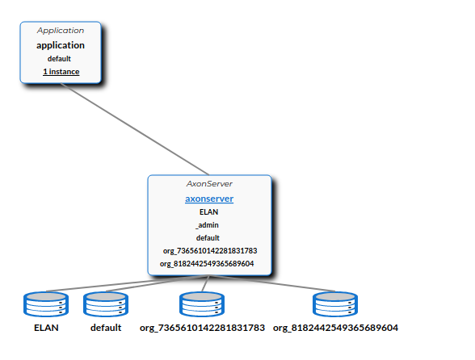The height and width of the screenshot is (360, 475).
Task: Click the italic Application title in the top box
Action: (61, 31)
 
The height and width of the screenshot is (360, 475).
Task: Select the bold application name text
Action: (61, 45)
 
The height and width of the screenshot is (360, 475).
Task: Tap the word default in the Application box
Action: (59, 58)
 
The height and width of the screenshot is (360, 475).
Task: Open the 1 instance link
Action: (61, 72)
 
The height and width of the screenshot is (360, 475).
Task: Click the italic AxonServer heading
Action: (209, 184)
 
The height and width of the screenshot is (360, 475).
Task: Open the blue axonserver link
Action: (209, 199)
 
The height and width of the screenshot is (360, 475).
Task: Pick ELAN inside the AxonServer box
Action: (208, 212)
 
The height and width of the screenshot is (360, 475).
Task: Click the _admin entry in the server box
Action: (207, 225)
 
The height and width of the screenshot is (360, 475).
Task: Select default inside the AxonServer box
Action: (208, 238)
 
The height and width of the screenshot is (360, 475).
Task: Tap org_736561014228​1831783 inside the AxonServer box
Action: (210, 251)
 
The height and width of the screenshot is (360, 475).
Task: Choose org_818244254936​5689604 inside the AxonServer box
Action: (207, 264)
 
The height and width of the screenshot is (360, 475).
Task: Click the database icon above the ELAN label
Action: (46, 304)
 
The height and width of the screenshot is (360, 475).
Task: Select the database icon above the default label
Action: (106, 304)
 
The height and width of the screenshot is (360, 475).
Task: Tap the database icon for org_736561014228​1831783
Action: (202, 304)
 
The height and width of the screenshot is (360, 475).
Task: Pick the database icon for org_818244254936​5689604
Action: (335, 304)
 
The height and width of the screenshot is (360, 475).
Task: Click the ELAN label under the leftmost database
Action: (46, 328)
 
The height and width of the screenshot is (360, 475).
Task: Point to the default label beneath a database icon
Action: (106, 328)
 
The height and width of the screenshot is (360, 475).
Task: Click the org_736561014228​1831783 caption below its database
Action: (202, 328)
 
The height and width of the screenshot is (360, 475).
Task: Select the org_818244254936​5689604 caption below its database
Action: (335, 328)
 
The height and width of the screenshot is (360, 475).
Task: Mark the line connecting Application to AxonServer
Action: (135, 129)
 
